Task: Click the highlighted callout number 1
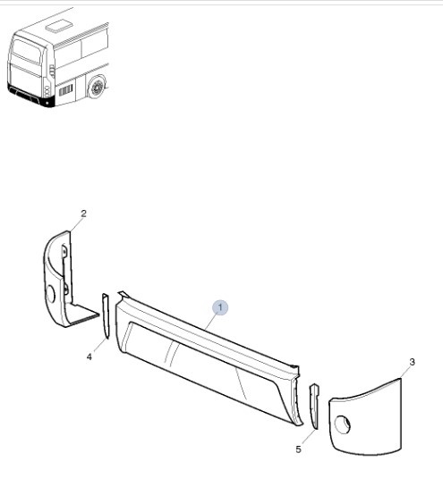coord(220,307)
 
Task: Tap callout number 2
coord(83,214)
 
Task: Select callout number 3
coord(412,362)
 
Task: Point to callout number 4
coord(89,357)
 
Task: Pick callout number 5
coord(299,449)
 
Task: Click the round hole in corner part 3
coord(343,424)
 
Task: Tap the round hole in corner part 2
coord(50,294)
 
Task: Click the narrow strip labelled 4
coord(106,315)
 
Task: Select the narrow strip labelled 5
coord(314,407)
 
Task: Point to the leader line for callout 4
coord(100,346)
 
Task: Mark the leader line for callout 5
coord(308,437)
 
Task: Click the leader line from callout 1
coord(210,323)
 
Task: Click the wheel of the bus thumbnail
coord(97,88)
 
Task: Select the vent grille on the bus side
coord(66,90)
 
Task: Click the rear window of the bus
coord(27,51)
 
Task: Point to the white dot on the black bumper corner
coord(47,103)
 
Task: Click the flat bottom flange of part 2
coord(83,315)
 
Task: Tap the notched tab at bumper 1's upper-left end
coord(123,295)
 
